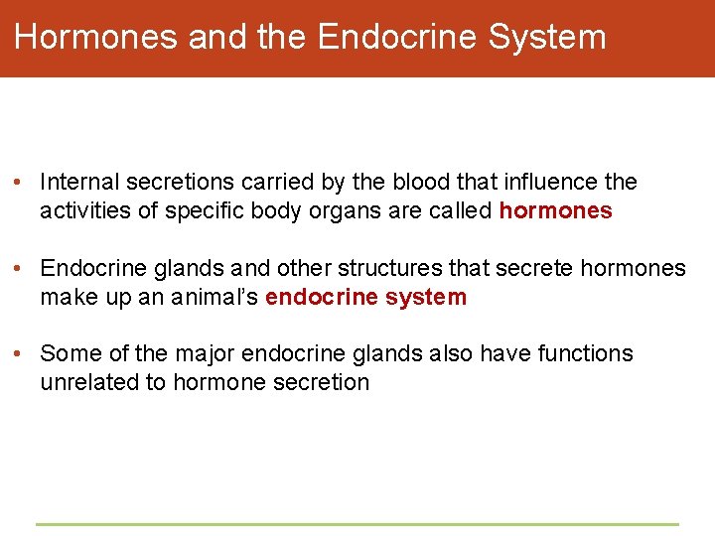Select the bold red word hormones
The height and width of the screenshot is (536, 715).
[x=555, y=211]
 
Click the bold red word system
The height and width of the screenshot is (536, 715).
[x=428, y=297]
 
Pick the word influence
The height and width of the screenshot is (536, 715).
[x=549, y=183]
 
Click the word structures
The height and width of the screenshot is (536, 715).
[x=383, y=268]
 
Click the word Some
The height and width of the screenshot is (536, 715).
[x=68, y=353]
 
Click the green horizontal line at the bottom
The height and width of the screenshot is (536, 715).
[x=357, y=524]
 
